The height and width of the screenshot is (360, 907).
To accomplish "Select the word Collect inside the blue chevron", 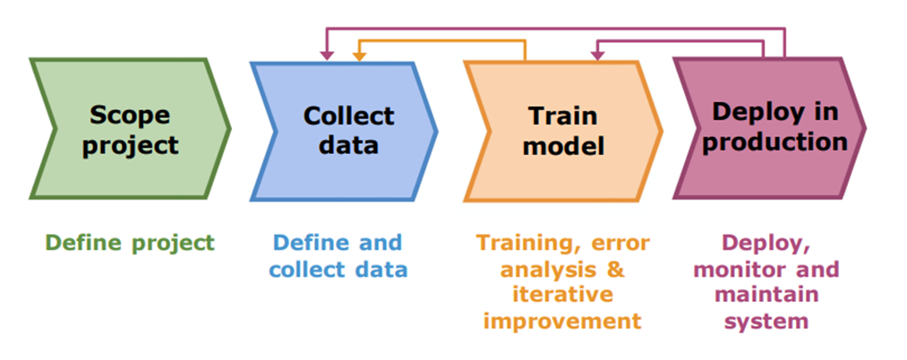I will [348, 116].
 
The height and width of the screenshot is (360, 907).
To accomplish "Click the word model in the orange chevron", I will [563, 145].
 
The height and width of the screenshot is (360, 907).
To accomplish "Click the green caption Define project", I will [130, 242].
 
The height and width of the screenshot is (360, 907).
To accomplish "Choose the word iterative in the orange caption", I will [562, 295].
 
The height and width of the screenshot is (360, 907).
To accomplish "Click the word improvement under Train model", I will [562, 321].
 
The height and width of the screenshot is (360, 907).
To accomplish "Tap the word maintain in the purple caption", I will [780, 295].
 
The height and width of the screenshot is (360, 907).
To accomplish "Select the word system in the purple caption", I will [780, 321].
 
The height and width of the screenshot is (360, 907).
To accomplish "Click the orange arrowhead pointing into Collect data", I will [359, 56].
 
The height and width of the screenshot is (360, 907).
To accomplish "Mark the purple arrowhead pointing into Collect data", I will [327, 56].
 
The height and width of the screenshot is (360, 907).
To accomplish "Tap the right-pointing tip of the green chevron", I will [230, 128].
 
